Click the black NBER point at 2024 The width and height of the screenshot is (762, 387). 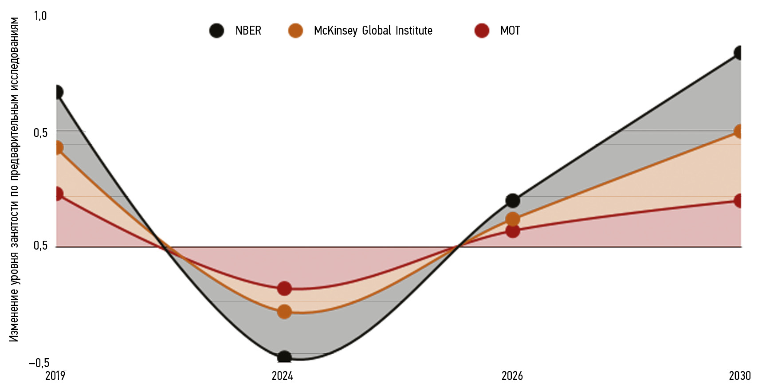point(284,357)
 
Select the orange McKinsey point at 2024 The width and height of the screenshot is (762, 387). point(284,312)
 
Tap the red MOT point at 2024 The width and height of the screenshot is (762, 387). point(284,289)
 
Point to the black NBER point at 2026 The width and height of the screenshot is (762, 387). point(512,200)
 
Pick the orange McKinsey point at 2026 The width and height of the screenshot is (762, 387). point(512,219)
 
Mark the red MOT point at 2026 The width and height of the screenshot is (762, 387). point(512,231)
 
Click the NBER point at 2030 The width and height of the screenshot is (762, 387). point(738,53)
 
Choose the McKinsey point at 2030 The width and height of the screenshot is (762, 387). point(738,131)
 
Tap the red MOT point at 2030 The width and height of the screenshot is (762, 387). point(738,200)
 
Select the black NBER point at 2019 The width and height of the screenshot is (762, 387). point(58,92)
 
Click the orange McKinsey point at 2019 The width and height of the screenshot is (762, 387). point(58,148)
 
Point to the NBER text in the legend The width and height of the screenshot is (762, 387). point(248,31)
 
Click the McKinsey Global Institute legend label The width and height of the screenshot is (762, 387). point(373,31)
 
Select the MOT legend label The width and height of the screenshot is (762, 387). point(510,31)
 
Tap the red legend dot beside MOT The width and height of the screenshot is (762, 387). point(482,31)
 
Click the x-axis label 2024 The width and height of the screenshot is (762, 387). point(283,376)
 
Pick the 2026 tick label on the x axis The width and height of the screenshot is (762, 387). point(512,376)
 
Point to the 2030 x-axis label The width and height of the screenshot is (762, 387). point(739,376)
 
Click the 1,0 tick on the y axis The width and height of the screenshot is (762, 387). point(40,16)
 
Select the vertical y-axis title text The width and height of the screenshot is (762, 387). point(14,180)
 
